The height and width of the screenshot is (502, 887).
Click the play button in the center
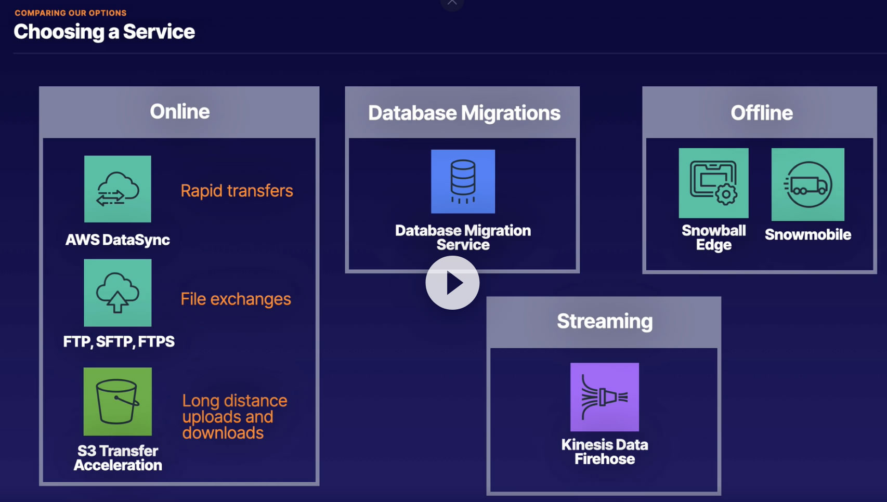452,283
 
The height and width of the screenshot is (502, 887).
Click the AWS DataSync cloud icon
118,189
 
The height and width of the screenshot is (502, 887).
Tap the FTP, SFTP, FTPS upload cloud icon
118,293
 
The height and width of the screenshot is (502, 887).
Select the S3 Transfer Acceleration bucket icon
118,402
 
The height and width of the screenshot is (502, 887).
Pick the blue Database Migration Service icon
463,181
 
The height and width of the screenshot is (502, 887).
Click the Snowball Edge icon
713,183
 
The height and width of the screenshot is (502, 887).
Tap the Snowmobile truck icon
807,184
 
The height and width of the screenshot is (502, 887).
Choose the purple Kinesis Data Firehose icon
604,397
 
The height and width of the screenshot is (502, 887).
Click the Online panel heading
179,112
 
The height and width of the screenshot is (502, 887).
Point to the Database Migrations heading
464,113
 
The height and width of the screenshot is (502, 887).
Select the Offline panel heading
761,113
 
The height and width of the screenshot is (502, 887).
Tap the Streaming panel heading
604,321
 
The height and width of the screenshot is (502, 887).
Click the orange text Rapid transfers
237,191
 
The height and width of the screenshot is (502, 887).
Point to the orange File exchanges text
236,299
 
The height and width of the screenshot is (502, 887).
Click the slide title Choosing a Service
104,32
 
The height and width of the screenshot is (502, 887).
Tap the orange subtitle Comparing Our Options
71,13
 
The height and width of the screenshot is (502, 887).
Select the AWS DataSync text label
118,240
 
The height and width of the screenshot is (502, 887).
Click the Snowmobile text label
807,234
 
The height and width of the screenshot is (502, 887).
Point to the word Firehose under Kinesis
604,459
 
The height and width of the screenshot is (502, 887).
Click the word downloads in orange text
223,433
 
